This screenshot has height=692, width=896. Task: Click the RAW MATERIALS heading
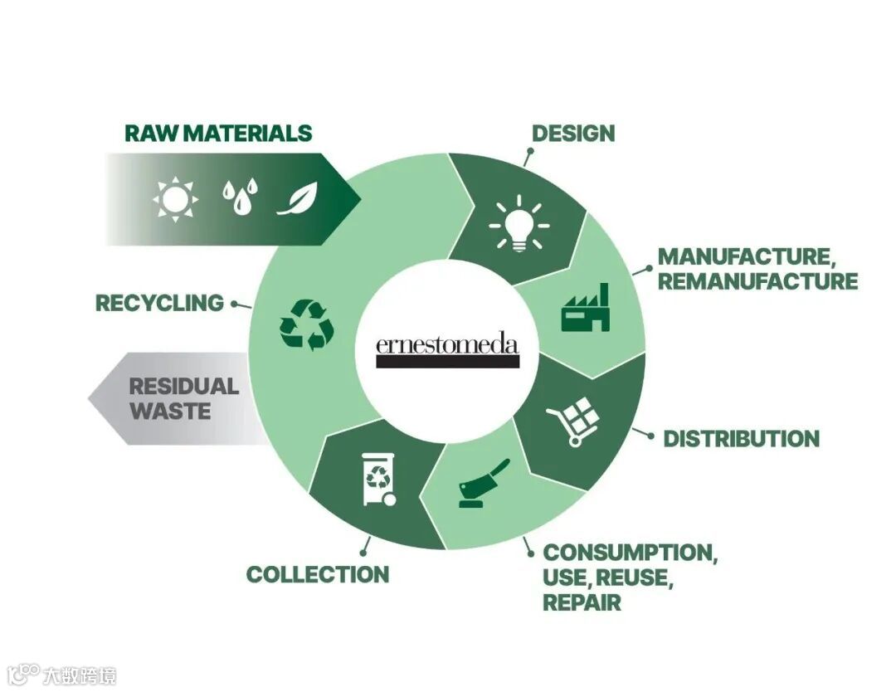218,134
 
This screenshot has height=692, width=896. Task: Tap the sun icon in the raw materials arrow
175,199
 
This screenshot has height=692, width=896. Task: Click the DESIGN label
573,134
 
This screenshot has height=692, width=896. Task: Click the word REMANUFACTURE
757,281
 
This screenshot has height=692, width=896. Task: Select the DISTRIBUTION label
741,439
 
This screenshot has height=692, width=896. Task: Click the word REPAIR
582,602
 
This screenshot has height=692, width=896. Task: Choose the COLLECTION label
317,574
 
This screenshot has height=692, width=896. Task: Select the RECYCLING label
160,304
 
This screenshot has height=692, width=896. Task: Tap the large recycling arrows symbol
307,325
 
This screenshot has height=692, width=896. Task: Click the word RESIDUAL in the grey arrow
183,387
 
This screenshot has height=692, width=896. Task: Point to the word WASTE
170,411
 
